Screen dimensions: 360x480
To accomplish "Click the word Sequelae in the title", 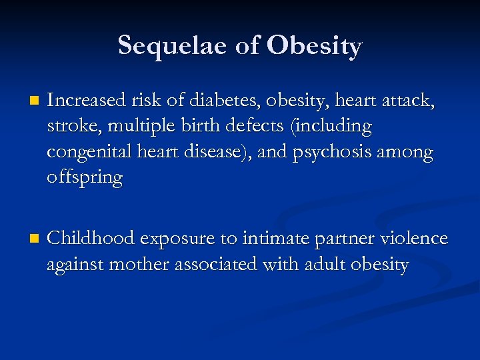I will [x=171, y=46].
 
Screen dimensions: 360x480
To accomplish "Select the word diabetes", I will [x=224, y=101].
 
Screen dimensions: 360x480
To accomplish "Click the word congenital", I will [x=87, y=153].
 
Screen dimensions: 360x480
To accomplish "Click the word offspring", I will [x=85, y=179].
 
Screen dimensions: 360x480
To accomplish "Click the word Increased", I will [x=87, y=101].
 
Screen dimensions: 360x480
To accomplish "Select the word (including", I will [x=333, y=127].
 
